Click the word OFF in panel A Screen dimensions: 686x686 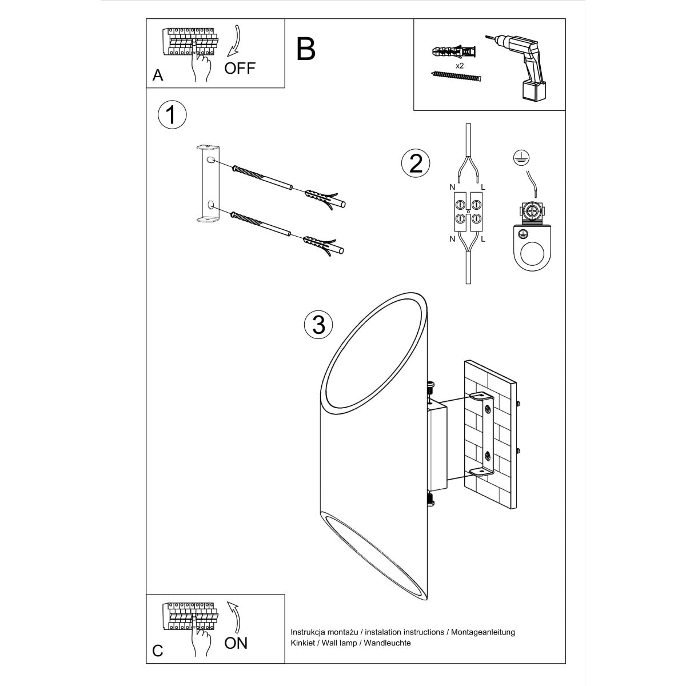tap(240, 68)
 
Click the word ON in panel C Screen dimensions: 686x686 tap(236, 643)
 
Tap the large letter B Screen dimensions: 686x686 tap(306, 49)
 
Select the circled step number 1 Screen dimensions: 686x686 tap(171, 114)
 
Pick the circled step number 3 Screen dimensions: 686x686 tap(318, 325)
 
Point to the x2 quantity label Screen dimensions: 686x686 tap(459, 66)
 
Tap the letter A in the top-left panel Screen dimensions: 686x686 tap(158, 75)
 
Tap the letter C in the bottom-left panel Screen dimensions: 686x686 tap(158, 651)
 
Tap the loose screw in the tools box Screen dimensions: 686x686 tap(457, 77)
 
